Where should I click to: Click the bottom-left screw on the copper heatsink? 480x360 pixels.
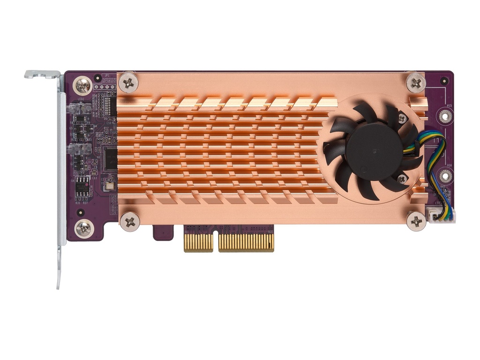(x=129, y=221)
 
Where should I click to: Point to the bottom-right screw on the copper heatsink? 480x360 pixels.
(x=416, y=220)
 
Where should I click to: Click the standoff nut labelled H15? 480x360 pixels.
(x=443, y=115)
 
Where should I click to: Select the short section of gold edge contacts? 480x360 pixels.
(x=198, y=242)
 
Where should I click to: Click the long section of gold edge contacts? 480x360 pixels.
(x=246, y=242)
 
